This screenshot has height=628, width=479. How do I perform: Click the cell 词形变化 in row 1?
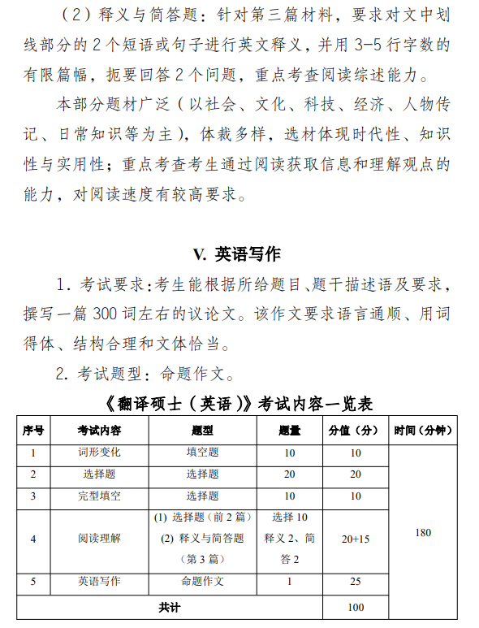(x=99, y=453)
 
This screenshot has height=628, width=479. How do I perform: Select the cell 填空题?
(x=202, y=453)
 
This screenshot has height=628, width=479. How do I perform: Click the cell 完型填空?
(x=99, y=496)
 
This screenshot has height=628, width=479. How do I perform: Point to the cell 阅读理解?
(x=99, y=538)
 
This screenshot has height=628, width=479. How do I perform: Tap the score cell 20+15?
(x=355, y=538)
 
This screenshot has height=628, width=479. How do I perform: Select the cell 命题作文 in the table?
(x=202, y=582)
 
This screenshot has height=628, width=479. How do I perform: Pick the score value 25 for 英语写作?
(x=355, y=582)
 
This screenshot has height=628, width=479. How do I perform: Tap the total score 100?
(x=355, y=606)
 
